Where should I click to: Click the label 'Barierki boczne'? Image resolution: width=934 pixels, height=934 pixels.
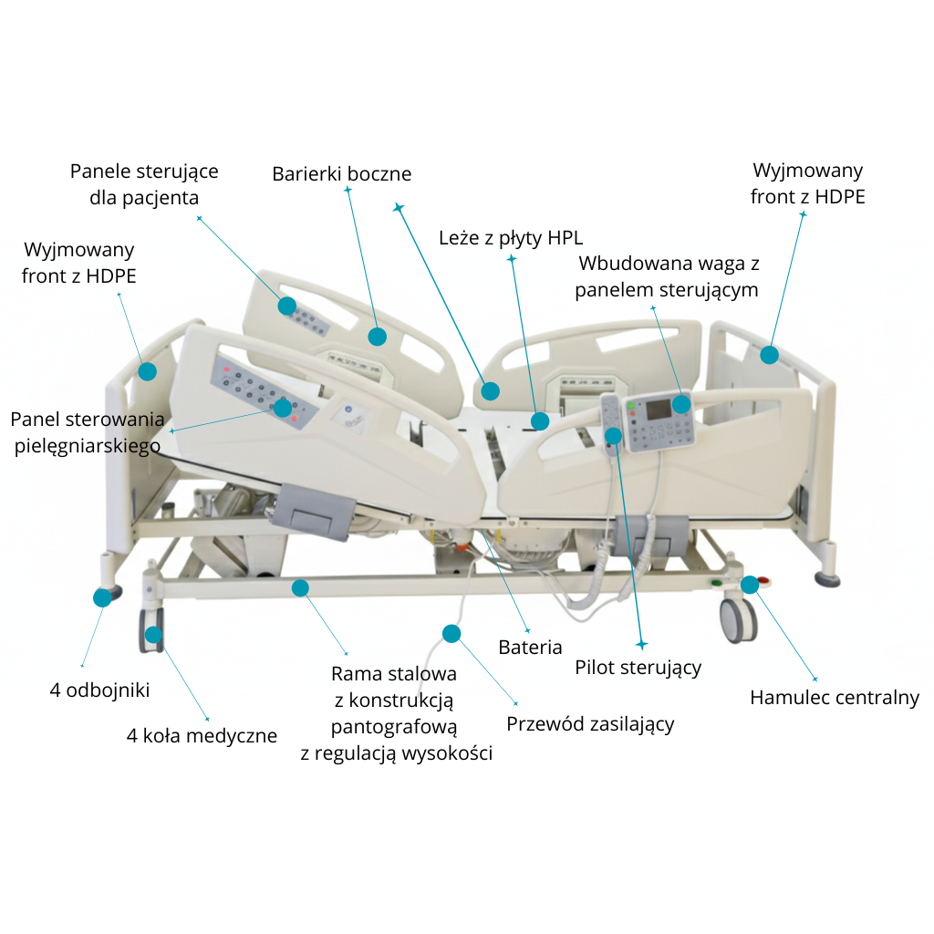[x=342, y=173]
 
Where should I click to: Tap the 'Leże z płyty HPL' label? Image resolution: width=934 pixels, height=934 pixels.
[x=510, y=238]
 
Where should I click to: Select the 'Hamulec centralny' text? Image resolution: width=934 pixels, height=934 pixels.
[x=834, y=698]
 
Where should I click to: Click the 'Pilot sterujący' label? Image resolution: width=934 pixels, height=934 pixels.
[x=638, y=667]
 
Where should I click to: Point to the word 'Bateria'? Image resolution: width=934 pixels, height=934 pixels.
[x=530, y=648]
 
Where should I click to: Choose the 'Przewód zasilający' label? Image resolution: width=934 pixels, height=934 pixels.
[x=590, y=724]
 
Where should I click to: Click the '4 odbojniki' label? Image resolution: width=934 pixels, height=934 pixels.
[x=99, y=690]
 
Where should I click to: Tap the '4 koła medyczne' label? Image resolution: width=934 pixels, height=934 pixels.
[x=202, y=735]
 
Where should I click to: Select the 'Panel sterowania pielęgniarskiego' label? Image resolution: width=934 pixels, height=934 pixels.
[x=88, y=432]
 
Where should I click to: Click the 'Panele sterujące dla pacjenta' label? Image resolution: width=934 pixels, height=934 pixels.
[x=144, y=184]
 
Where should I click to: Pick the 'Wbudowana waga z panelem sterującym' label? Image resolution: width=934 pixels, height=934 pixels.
[x=669, y=276]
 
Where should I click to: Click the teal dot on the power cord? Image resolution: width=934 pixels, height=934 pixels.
[x=451, y=633]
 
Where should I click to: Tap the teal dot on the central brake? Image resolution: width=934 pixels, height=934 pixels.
[x=749, y=585]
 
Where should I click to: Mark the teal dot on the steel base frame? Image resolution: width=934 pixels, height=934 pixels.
[x=300, y=588]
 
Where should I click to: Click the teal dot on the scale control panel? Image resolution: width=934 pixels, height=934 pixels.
[x=681, y=403]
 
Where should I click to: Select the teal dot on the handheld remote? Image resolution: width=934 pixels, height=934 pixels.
[x=613, y=436]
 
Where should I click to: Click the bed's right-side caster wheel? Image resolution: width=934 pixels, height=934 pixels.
[x=737, y=620]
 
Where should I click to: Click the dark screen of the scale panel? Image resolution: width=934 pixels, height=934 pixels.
[x=657, y=408]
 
